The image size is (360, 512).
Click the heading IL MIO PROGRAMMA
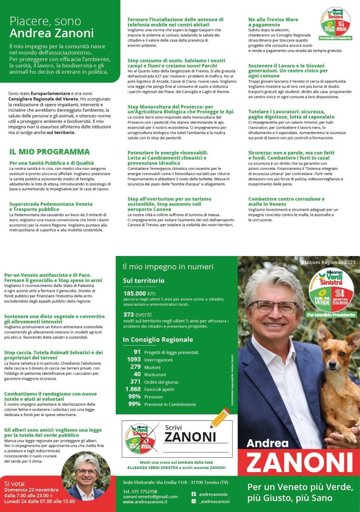(50, 152)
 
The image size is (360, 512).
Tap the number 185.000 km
(139, 293)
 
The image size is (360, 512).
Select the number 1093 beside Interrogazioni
(134, 359)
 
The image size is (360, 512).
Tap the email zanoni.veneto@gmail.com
(150, 496)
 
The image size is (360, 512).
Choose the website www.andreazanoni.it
(145, 502)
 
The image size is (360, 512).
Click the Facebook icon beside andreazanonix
(193, 494)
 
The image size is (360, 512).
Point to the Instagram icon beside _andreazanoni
(193, 501)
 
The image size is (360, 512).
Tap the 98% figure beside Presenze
(134, 396)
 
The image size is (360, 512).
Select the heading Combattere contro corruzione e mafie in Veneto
(286, 201)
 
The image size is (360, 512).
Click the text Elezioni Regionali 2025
(329, 262)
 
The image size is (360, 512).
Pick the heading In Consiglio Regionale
(158, 339)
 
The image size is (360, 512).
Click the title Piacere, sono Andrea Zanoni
(52, 27)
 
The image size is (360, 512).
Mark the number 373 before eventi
(129, 314)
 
